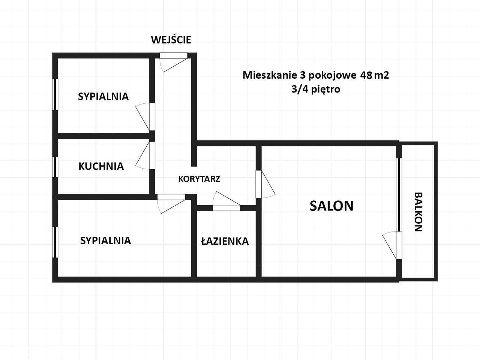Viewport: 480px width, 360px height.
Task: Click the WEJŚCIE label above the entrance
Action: click(171, 40)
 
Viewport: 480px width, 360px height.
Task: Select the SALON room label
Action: click(331, 206)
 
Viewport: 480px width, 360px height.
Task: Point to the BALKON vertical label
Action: click(418, 212)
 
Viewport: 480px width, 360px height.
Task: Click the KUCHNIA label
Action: click(101, 166)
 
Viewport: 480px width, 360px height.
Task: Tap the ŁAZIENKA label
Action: click(225, 241)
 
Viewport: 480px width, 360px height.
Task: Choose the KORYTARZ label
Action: click(199, 179)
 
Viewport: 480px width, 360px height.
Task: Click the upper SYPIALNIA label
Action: click(103, 96)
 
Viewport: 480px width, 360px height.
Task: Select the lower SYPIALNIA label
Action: click(105, 240)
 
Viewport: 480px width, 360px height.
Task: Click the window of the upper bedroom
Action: click(55, 94)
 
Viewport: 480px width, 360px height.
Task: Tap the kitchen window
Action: click(55, 166)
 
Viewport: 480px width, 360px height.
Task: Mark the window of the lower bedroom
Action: click(55, 242)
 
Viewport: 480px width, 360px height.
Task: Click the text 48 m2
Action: click(375, 75)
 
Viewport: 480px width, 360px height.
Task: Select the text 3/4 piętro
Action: click(316, 90)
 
